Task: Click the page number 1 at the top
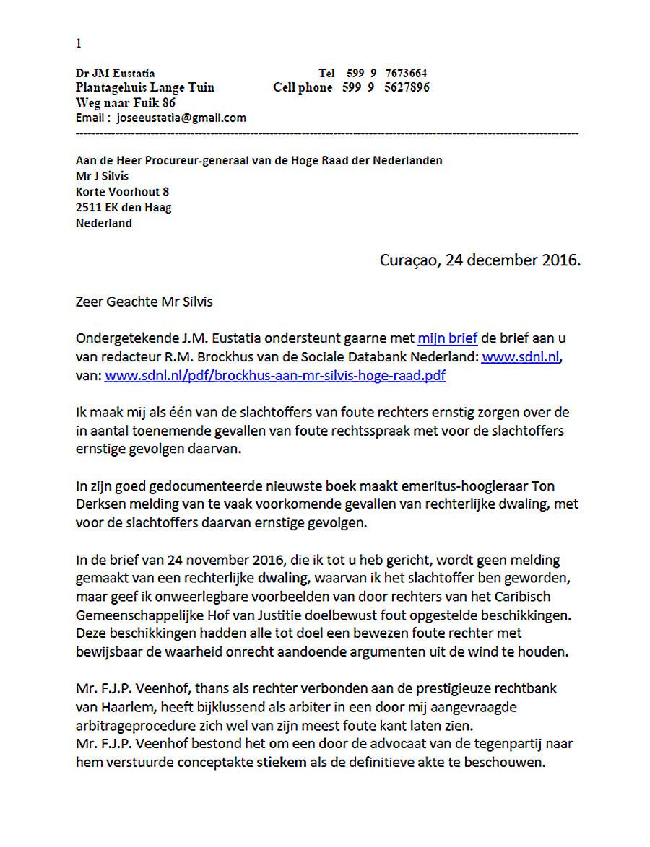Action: (x=78, y=44)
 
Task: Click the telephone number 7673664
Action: (x=406, y=73)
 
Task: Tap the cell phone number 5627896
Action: (x=407, y=87)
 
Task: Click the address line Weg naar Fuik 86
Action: (x=125, y=102)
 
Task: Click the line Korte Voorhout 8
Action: (x=122, y=191)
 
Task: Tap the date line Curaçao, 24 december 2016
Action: (x=480, y=260)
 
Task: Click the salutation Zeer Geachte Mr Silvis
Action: (x=144, y=302)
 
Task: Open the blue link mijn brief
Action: (x=447, y=338)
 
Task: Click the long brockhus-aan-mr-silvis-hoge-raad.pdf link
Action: (x=275, y=375)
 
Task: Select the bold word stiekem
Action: (x=282, y=762)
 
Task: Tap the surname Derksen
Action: (x=99, y=504)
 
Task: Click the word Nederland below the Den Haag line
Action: (x=104, y=223)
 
